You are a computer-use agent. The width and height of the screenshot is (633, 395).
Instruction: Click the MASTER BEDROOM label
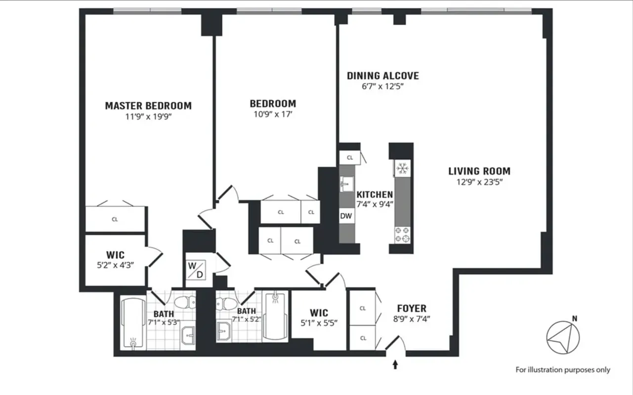(x=148, y=106)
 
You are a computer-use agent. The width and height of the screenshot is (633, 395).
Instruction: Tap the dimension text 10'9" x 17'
(x=273, y=114)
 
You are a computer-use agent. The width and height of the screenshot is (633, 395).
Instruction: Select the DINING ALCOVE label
(x=382, y=76)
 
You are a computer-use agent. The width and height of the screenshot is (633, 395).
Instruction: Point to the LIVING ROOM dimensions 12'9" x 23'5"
(x=479, y=182)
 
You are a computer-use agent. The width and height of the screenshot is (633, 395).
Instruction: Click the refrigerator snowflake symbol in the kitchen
(x=401, y=168)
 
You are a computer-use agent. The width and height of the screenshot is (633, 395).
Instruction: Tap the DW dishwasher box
(x=346, y=215)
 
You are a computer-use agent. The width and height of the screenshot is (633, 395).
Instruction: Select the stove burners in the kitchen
(x=401, y=235)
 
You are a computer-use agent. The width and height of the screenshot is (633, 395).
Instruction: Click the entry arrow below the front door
(x=395, y=365)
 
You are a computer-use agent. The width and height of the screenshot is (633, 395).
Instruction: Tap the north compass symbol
(x=562, y=337)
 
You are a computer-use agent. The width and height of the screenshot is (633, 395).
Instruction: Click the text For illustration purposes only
(x=563, y=370)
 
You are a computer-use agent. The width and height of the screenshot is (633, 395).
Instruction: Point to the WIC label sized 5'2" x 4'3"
(x=115, y=256)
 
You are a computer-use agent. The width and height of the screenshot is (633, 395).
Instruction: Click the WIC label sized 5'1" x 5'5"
(x=319, y=313)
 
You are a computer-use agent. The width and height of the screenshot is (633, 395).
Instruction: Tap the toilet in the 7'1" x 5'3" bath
(x=184, y=302)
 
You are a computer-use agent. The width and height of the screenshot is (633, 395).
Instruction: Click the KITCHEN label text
(x=375, y=195)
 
